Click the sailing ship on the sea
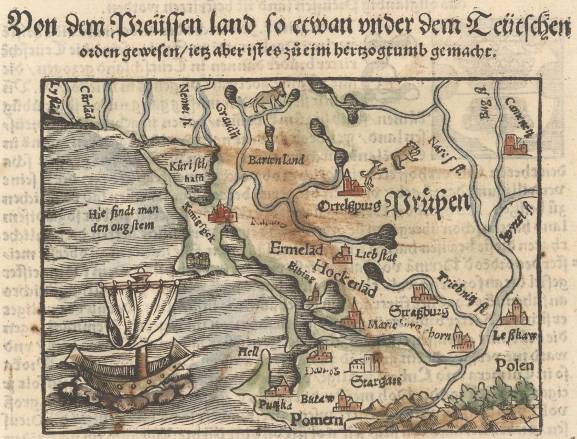tap(131, 341)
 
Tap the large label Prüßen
tap(428, 205)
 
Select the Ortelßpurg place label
tap(349, 206)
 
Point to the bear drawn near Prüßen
tap(407, 154)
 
